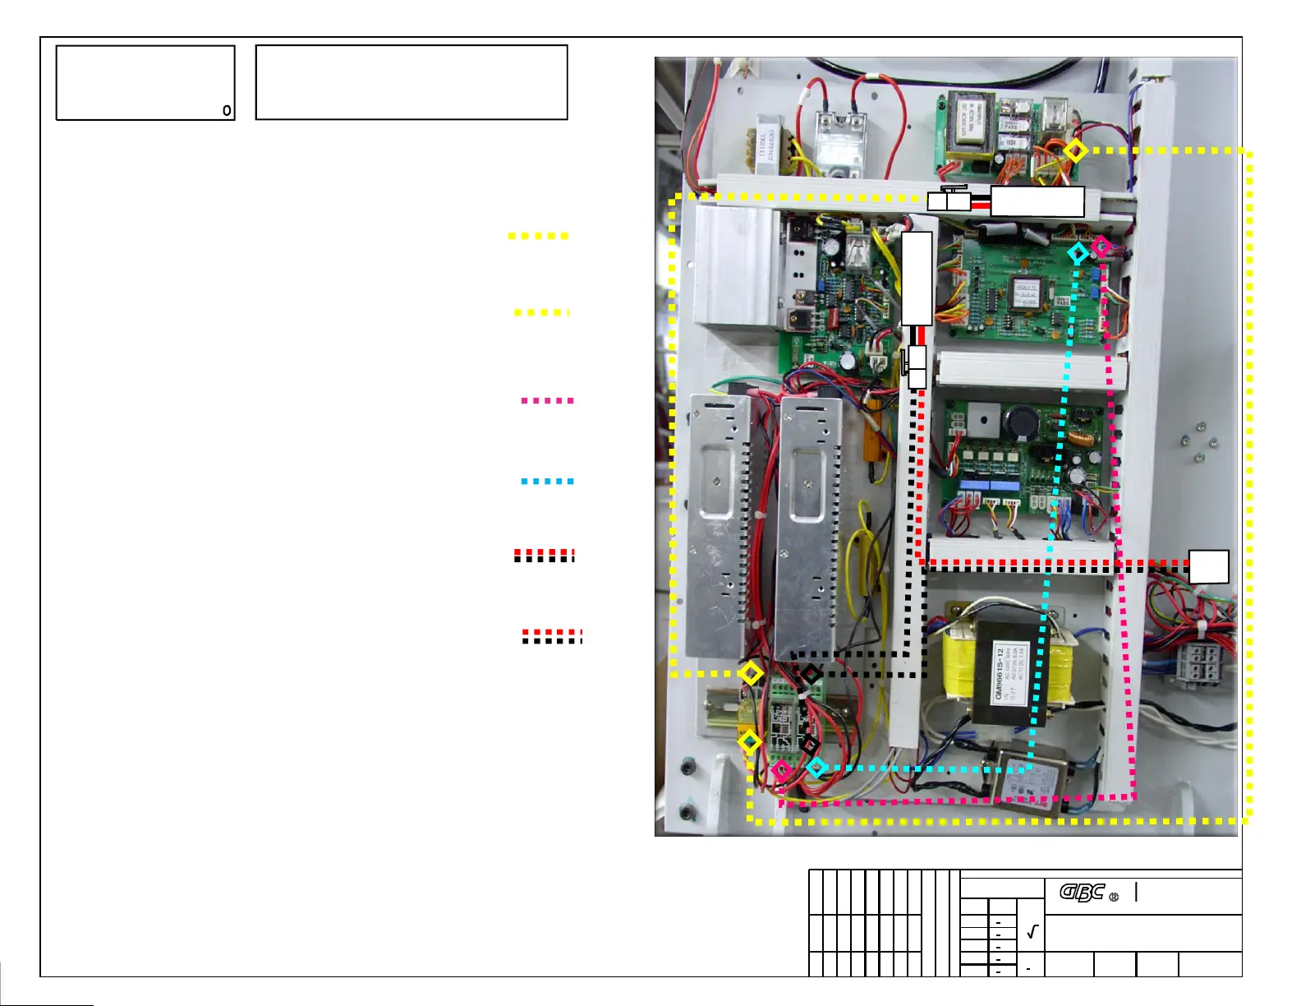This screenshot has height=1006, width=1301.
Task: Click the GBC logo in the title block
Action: point(1082,892)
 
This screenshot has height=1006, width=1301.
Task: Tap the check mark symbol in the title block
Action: point(1032,932)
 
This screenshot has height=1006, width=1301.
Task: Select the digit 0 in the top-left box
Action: point(227,110)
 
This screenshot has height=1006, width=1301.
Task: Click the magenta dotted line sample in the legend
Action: point(547,401)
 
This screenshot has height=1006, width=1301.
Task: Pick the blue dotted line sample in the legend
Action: point(547,482)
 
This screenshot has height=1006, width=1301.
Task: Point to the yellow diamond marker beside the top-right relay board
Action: point(1075,150)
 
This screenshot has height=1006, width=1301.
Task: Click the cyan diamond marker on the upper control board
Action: point(1078,254)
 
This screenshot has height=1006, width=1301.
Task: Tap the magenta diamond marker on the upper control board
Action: point(1101,246)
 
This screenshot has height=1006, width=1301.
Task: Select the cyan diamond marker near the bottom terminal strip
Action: point(816,768)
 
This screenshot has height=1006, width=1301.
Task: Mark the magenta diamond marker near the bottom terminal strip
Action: point(782,770)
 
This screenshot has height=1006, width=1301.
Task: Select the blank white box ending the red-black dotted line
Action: point(1209,566)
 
